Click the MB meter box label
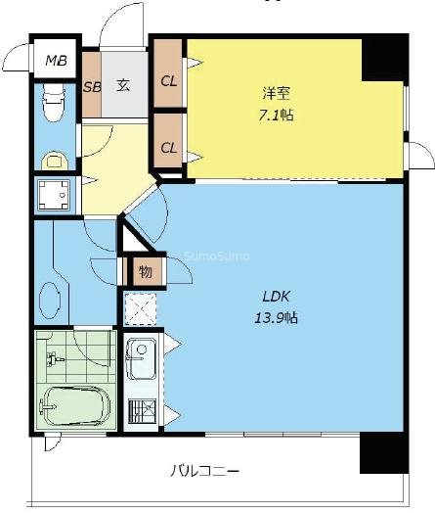click(x=56, y=61)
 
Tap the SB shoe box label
click(x=92, y=87)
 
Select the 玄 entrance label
click(x=123, y=85)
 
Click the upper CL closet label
click(x=169, y=81)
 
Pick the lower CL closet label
click(x=168, y=148)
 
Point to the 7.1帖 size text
click(x=276, y=116)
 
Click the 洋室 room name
click(x=277, y=93)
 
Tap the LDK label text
click(x=277, y=297)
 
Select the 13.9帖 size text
click(x=276, y=317)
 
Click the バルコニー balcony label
click(x=205, y=472)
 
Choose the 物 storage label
click(x=146, y=271)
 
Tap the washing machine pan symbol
click(x=54, y=195)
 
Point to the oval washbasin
click(x=50, y=300)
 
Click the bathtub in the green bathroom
click(x=74, y=406)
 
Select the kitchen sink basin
click(x=141, y=359)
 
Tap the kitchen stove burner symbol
click(x=142, y=411)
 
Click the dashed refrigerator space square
click(x=141, y=308)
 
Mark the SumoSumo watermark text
click(x=217, y=256)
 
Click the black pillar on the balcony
click(x=384, y=453)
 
